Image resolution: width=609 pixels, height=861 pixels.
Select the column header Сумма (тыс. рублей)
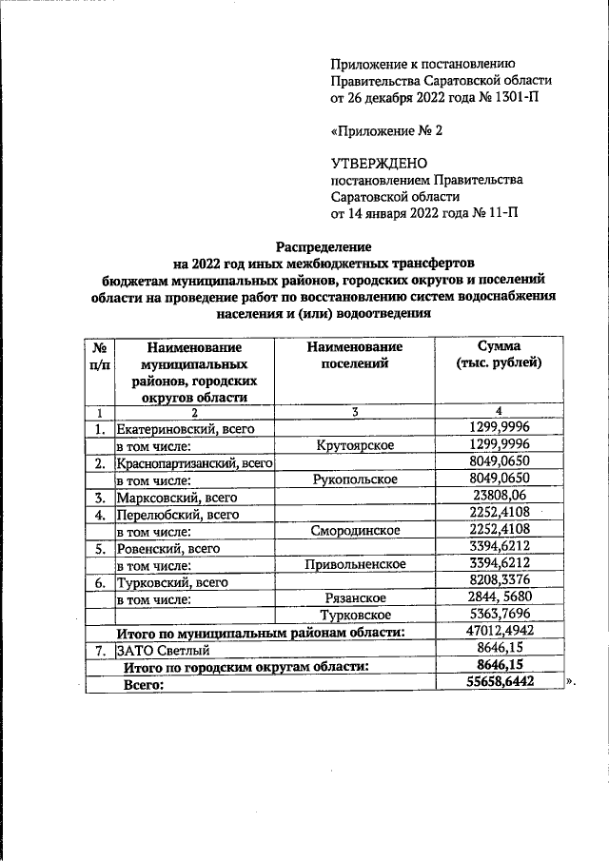click(500, 355)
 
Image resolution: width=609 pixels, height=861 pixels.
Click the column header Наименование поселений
click(355, 355)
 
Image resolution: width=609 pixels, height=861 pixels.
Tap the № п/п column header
click(98, 355)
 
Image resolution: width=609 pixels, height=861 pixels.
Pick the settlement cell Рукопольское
click(355, 479)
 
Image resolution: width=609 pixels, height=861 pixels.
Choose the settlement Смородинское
click(355, 531)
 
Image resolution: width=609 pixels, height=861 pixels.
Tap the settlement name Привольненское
click(355, 564)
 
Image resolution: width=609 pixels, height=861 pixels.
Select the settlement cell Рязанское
click(355, 598)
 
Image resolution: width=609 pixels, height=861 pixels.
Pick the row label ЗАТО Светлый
click(159, 650)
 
